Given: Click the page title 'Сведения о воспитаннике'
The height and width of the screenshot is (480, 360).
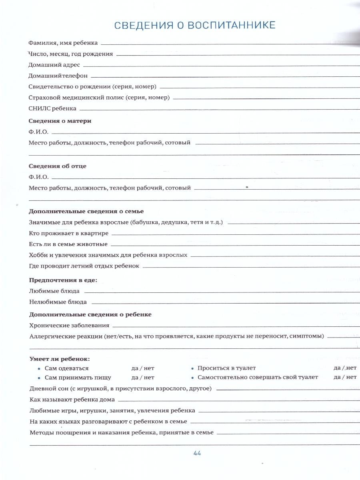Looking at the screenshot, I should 195,25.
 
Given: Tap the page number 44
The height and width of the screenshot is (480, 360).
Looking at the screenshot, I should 197,453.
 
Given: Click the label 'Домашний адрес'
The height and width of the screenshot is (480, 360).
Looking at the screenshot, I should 54,64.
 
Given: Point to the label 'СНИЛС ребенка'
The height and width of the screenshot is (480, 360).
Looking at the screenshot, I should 52,108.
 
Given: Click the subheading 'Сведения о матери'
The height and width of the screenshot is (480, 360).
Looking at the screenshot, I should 60,121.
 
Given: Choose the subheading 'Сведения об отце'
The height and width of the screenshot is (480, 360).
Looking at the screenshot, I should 58,166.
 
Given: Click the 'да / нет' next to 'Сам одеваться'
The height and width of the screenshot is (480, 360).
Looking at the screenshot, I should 143,368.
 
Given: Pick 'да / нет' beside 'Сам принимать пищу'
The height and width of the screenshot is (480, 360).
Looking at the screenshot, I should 143,377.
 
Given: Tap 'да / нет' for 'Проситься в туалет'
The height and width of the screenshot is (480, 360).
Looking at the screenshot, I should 345,368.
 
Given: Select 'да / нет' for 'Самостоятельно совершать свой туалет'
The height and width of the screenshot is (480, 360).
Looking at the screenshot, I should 345,377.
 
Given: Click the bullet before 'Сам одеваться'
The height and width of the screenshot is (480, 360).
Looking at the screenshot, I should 39,369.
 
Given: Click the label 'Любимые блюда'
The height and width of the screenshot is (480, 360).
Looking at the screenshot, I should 54,291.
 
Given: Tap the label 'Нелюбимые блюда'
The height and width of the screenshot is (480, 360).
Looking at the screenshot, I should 58,302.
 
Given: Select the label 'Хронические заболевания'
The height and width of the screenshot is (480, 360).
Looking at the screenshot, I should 69,326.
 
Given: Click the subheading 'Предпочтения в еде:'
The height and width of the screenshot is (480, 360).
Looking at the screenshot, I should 63,280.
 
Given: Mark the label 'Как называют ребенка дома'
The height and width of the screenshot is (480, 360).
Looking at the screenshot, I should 72,400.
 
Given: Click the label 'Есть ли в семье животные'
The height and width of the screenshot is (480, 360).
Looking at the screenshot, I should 68,244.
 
